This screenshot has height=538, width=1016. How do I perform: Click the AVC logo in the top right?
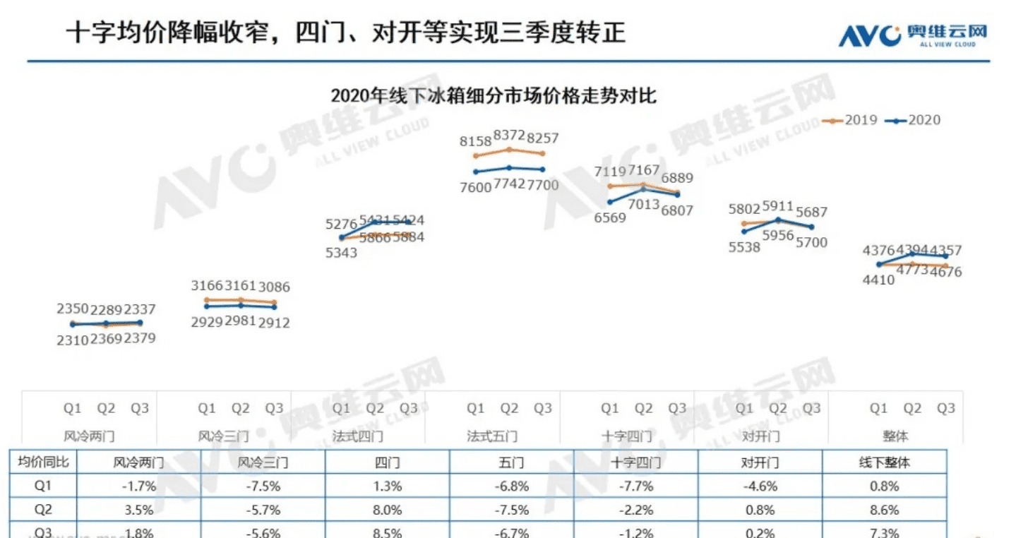tap(912, 35)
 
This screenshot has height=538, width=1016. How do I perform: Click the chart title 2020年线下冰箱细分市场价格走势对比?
tap(494, 95)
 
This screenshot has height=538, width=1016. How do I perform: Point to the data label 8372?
tap(508, 135)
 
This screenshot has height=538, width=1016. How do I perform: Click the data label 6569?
tap(610, 217)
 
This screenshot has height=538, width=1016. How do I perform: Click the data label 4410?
tap(878, 279)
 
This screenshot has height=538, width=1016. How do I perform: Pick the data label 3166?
tap(207, 287)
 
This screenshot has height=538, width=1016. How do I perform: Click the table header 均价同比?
tap(43, 462)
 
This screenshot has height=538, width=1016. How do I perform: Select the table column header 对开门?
tap(760, 462)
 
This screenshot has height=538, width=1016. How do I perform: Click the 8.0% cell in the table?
tap(388, 509)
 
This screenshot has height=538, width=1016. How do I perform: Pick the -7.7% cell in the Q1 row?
tap(635, 486)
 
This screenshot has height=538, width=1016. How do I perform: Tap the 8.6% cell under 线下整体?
tap(884, 509)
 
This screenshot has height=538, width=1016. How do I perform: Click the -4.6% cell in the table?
tap(760, 486)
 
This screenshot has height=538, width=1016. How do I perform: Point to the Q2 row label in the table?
tap(43, 509)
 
